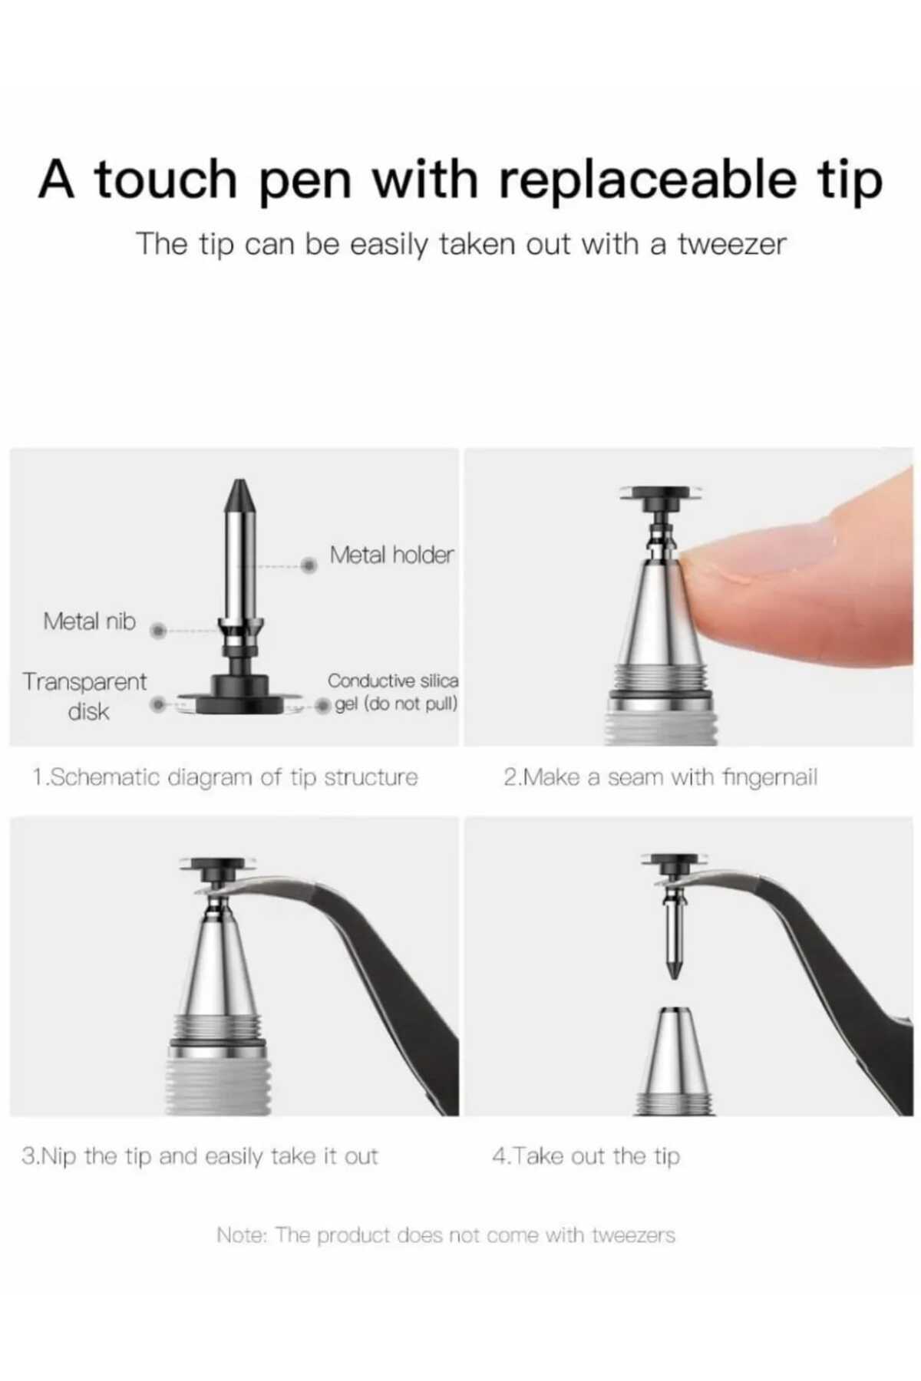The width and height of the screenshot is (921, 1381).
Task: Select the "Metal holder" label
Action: [391, 554]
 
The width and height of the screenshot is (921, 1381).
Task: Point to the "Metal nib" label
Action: [89, 621]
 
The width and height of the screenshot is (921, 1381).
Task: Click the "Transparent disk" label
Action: [84, 696]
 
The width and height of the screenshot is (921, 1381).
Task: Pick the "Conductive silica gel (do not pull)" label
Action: [393, 692]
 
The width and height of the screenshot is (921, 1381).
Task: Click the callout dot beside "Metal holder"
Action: [309, 565]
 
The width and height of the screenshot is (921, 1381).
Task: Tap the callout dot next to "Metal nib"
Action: [158, 631]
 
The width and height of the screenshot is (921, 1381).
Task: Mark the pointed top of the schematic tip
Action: [240, 480]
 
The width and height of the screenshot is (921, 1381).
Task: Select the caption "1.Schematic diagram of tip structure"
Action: [226, 777]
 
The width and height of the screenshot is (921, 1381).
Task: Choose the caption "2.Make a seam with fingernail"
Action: [661, 777]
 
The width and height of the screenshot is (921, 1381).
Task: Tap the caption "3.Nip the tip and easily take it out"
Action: [200, 1155]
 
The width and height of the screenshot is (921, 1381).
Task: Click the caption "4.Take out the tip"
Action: [586, 1155]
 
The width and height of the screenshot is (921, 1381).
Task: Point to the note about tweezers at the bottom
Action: [446, 1235]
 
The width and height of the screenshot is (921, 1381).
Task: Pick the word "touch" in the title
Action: [166, 180]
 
